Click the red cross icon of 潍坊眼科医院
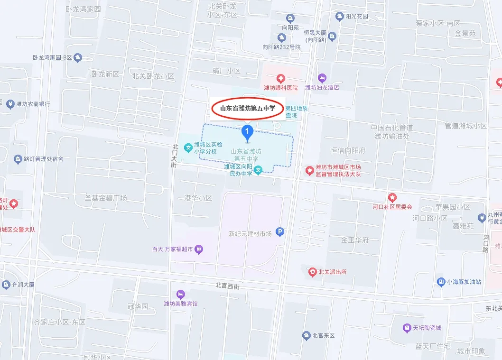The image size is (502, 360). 281,78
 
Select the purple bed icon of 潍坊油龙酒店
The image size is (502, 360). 322,77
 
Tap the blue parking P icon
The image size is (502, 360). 280,232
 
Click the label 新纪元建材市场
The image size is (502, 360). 250,233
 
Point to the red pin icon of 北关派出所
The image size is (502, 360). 312,272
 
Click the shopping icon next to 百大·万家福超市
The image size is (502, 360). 199,248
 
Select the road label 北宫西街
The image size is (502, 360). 228,286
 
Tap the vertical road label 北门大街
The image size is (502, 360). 175,156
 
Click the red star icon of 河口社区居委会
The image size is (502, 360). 392,197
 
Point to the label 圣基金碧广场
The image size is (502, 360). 106,197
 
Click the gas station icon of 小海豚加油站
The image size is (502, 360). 440,282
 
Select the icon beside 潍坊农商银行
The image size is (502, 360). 10,104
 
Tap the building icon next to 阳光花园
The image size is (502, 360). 340,17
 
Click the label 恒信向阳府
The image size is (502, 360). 348,150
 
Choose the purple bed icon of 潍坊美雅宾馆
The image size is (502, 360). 180,294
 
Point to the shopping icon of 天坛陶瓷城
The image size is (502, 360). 407,328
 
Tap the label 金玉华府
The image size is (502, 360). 355,240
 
